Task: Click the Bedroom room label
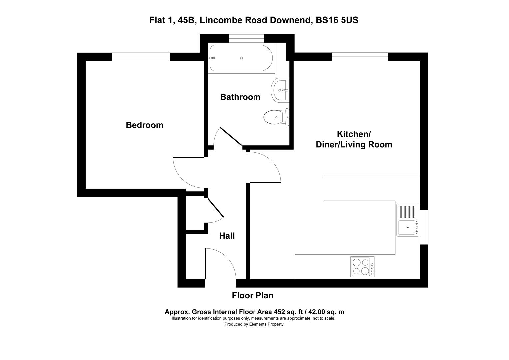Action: (x=144, y=125)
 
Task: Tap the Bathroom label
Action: (x=240, y=97)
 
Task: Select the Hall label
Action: (x=227, y=236)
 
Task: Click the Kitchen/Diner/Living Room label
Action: (x=354, y=139)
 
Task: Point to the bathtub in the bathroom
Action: (x=241, y=58)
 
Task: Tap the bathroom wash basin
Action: (x=279, y=90)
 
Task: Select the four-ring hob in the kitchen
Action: (x=362, y=267)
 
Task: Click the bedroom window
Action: (x=141, y=57)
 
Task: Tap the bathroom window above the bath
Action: (x=247, y=39)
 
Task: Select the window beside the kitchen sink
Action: (x=424, y=227)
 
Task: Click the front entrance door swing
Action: (x=220, y=263)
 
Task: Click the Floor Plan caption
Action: (x=253, y=295)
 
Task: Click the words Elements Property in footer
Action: (x=266, y=324)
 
